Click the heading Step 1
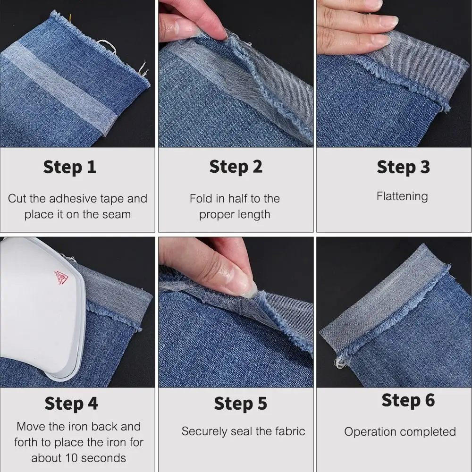[x=69, y=167]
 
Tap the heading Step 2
[x=236, y=167]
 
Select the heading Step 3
[x=403, y=167]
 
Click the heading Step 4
[x=71, y=404]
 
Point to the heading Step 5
[x=240, y=404]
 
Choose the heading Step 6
[x=408, y=400]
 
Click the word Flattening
[x=402, y=196]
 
